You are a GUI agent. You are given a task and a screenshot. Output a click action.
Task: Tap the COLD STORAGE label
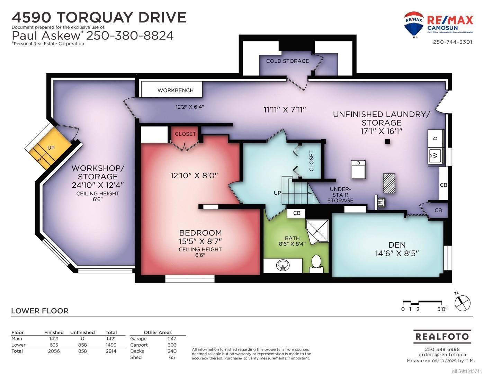pyautogui.click(x=287, y=61)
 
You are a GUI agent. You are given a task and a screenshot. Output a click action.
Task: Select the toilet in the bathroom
pyautogui.click(x=316, y=262)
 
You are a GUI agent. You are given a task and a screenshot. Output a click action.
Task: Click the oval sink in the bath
pyautogui.click(x=283, y=266)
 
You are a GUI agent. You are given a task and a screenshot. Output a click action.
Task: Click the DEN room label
pyautogui.click(x=397, y=244)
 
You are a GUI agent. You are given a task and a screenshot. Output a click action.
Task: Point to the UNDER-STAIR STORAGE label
pyautogui.click(x=341, y=195)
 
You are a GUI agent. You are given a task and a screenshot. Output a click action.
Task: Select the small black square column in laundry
pyautogui.click(x=387, y=141)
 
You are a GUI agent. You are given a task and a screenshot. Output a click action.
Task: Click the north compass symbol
pyautogui.click(x=463, y=303)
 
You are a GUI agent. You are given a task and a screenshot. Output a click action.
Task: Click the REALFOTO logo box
pyautogui.click(x=442, y=336)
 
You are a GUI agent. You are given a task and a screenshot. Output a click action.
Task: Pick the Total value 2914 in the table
pyautogui.click(x=111, y=351)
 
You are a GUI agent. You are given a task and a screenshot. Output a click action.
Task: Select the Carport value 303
pyautogui.click(x=172, y=345)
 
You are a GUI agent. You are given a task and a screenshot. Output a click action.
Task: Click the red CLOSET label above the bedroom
pyautogui.click(x=185, y=134)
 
